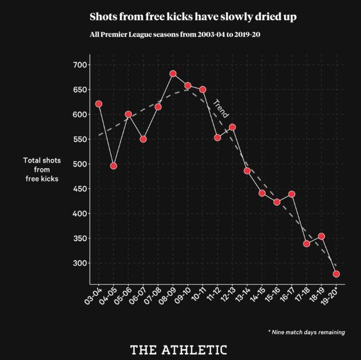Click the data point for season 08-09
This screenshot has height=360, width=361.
click(173, 74)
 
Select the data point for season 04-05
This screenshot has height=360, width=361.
click(114, 166)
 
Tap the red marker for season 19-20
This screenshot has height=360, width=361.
click(336, 274)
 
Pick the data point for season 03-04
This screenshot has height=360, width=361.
click(99, 104)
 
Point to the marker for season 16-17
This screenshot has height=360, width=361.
click(292, 194)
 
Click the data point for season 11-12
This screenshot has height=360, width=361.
click(218, 138)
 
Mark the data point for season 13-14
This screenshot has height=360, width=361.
click(247, 171)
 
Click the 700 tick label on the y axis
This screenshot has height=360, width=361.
click(79, 65)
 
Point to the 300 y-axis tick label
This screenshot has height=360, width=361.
click(79, 263)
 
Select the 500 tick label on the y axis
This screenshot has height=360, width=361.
click(79, 164)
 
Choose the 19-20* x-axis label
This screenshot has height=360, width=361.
click(331, 297)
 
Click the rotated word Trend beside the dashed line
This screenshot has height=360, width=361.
click(220, 109)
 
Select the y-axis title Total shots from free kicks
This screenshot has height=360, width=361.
click(42, 169)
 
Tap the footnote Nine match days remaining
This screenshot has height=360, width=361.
click(306, 332)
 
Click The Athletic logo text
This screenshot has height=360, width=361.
click(178, 350)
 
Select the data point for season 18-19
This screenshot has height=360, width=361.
click(321, 237)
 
